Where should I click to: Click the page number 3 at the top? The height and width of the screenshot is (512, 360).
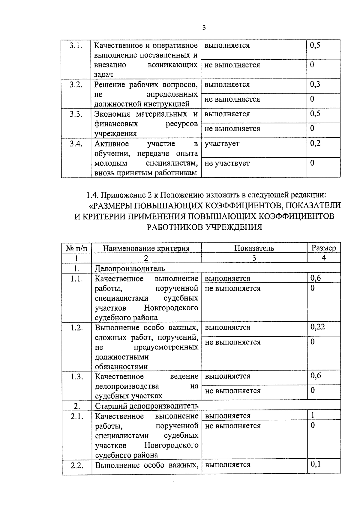point(204,28)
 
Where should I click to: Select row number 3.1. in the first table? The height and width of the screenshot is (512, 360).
point(76,46)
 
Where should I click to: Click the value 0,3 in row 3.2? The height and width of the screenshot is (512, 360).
point(315,85)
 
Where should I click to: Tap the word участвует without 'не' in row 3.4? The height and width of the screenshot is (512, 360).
point(222,144)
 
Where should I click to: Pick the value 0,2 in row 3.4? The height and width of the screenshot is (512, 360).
point(315,144)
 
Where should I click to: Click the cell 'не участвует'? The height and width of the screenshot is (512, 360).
point(227,164)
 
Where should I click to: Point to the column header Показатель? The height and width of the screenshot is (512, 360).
point(254,248)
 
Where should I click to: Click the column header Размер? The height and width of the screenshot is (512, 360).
point(324,248)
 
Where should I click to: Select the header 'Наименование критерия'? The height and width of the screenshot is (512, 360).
point(146,248)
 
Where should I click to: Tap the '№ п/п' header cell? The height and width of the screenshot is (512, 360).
point(76,248)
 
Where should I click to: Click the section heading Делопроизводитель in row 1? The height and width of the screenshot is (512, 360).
point(130,268)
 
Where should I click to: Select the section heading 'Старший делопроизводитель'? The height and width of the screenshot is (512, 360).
point(147,406)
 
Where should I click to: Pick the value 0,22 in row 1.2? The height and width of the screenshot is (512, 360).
point(318,327)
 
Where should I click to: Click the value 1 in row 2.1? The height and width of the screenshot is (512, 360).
point(313,415)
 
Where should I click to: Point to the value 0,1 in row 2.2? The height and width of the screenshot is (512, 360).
point(316,465)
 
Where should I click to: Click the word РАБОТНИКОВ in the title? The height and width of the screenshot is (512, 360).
point(175,227)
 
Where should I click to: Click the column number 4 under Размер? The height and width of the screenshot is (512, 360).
point(324,258)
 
